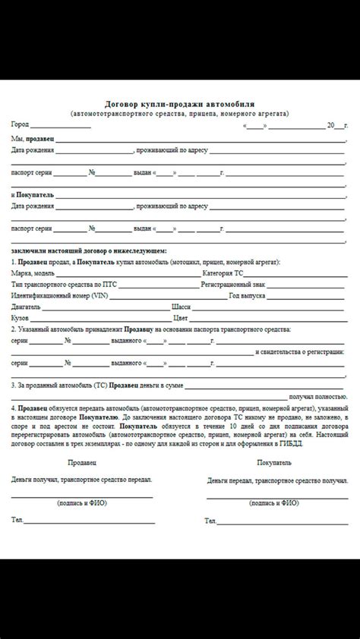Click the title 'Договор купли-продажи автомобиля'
180,102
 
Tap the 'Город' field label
20,124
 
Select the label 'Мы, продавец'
33,139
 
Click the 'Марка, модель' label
33,272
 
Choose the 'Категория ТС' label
223,272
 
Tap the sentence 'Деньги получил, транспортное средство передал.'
81,480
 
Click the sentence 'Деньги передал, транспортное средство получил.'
277,480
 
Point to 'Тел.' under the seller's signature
17,520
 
